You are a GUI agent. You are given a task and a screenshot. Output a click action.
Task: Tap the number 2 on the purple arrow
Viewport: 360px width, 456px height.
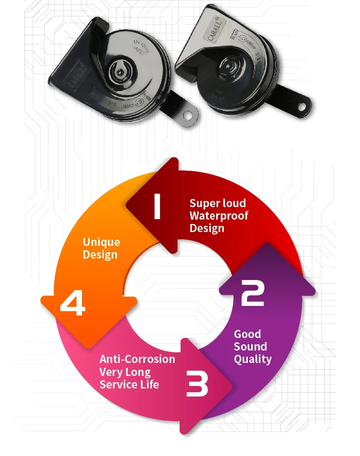pyautogui.click(x=253, y=293)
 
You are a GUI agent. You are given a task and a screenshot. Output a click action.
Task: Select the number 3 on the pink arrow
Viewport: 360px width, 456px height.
pyautogui.click(x=197, y=384)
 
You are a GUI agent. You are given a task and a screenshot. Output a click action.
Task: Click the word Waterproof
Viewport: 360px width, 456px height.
pyautogui.click(x=219, y=216)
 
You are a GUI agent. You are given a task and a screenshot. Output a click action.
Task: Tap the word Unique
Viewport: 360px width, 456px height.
pyautogui.click(x=101, y=242)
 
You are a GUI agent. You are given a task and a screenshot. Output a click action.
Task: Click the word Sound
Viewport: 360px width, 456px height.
pyautogui.click(x=250, y=347)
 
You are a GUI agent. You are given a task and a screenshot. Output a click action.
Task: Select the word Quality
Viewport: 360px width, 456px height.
pyautogui.click(x=253, y=359)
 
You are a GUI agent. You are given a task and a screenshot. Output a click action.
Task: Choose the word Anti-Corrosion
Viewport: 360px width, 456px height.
pyautogui.click(x=137, y=359)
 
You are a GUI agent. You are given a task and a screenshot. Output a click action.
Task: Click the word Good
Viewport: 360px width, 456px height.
pyautogui.click(x=247, y=334)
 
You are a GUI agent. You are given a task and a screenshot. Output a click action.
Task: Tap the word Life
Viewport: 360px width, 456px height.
pyautogui.click(x=151, y=384)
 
